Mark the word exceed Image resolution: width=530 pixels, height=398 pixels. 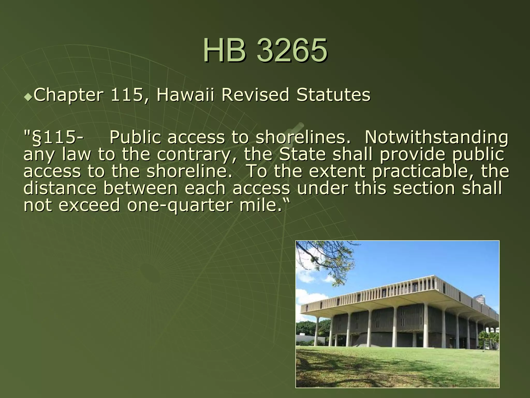point(89,205)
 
